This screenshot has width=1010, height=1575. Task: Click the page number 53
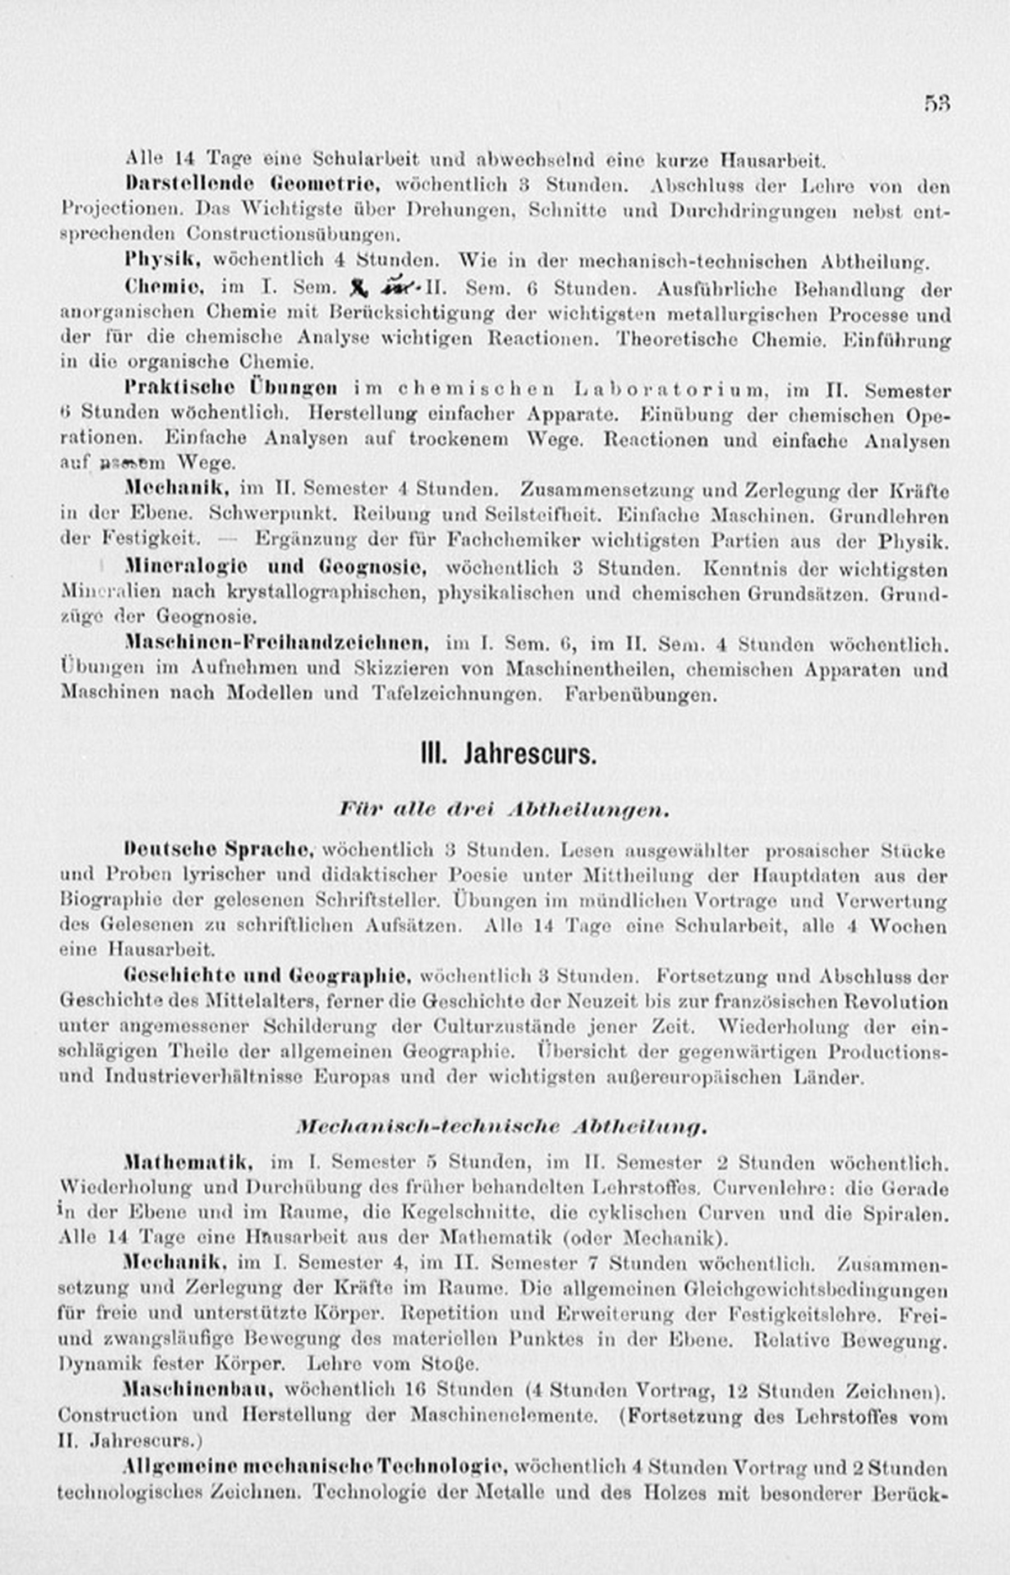(937, 104)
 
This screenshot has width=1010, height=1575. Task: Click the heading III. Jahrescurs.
(509, 754)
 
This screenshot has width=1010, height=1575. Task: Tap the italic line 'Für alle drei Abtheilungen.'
(504, 810)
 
